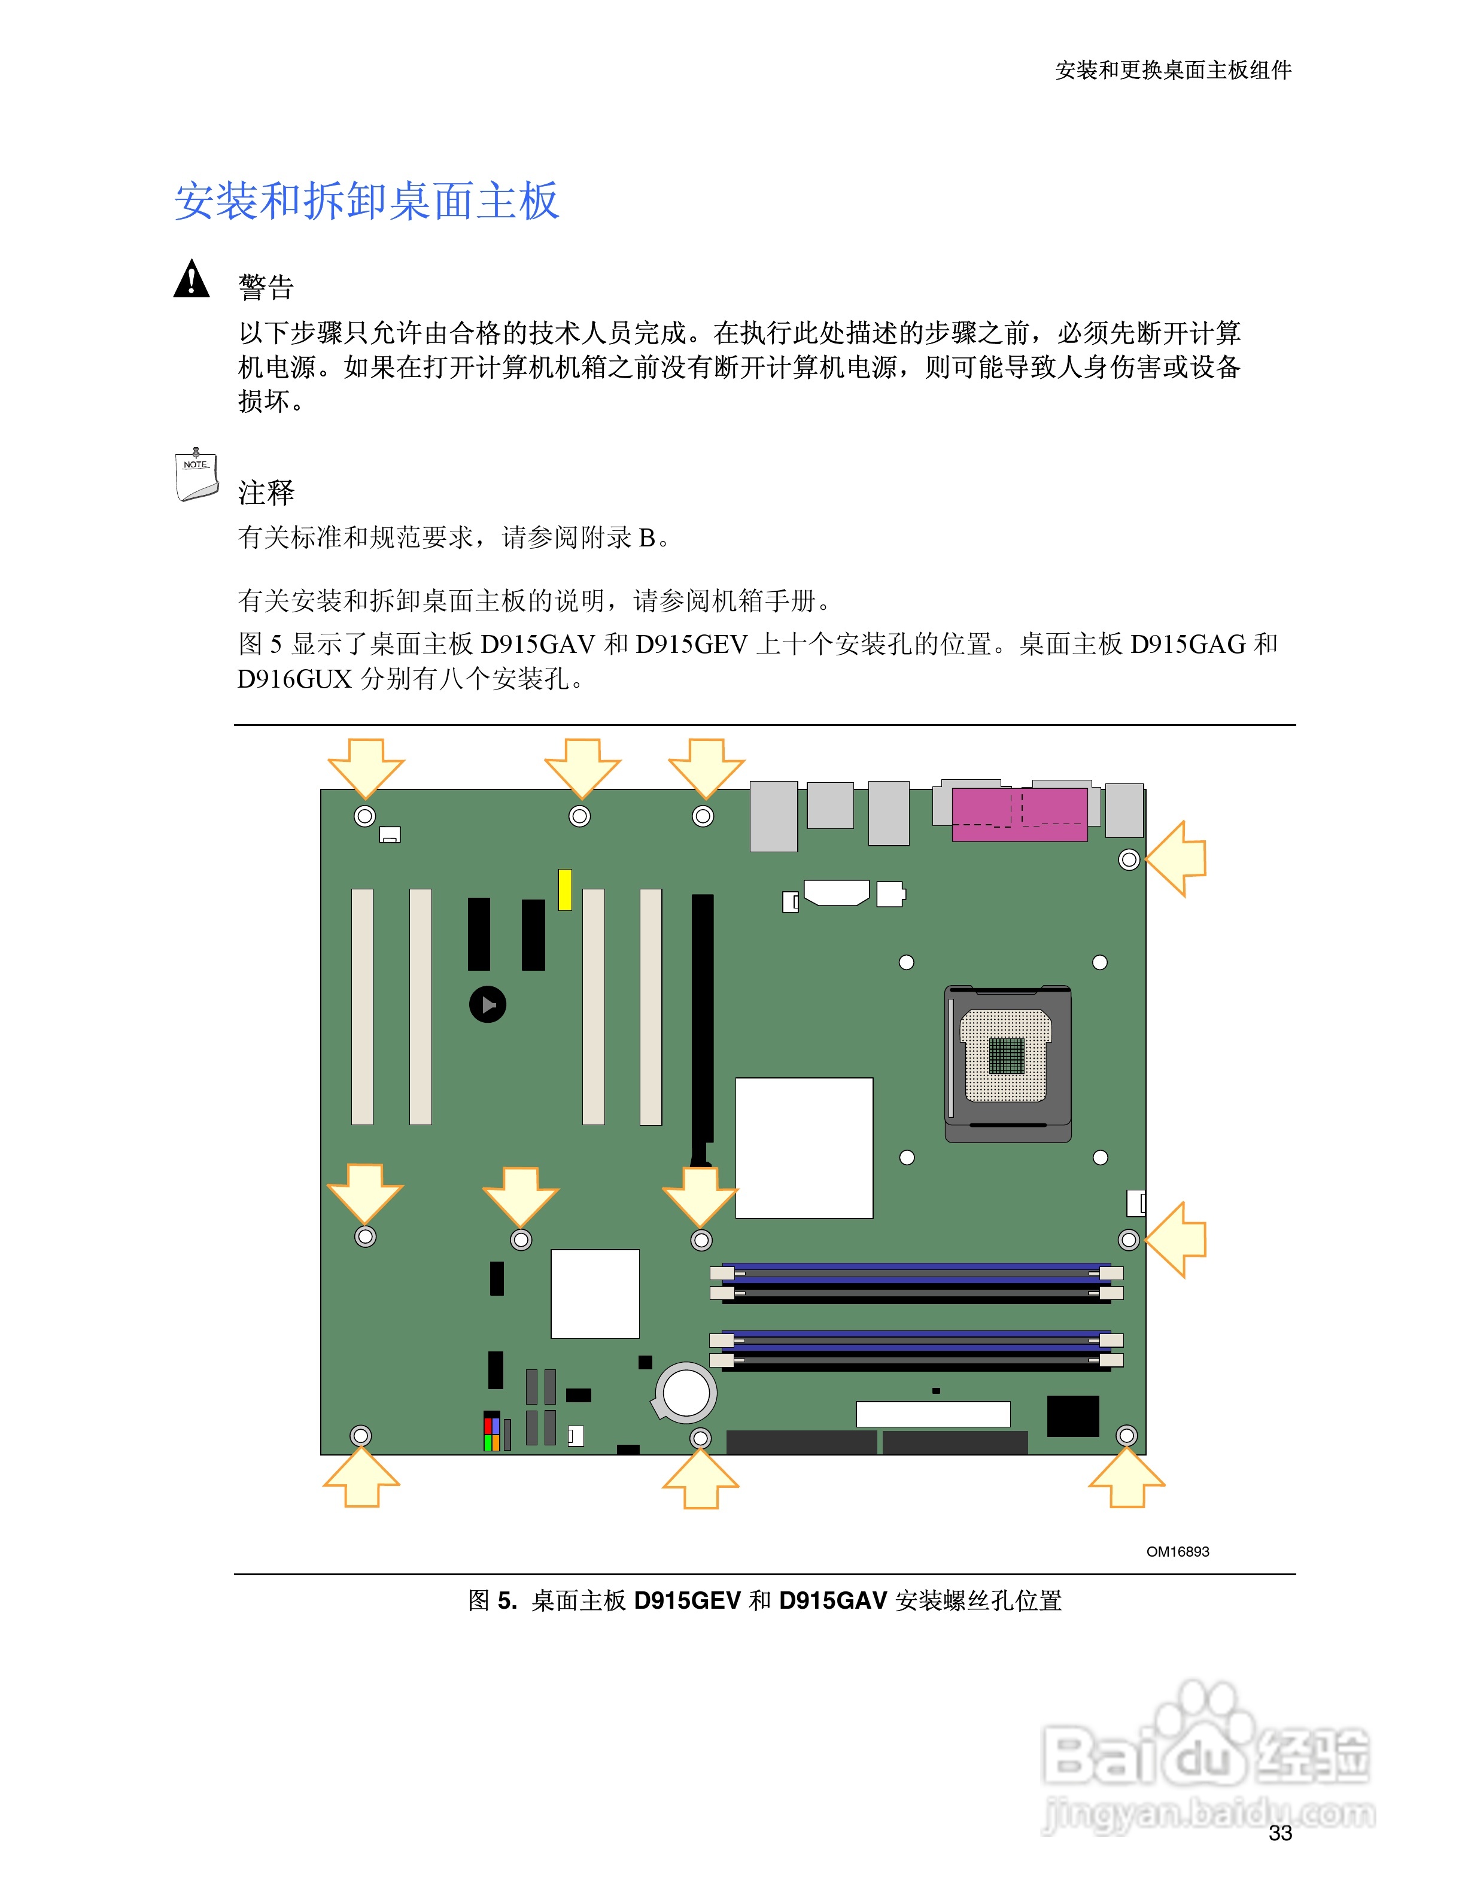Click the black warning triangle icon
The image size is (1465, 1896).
191,279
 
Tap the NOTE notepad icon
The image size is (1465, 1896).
196,476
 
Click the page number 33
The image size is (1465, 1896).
1280,1833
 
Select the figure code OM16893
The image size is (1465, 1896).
1177,1551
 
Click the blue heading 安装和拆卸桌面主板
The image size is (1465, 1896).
366,202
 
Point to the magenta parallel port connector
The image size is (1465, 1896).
1019,815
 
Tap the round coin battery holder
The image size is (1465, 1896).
686,1393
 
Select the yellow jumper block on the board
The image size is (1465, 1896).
565,889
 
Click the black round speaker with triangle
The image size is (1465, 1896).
488,1004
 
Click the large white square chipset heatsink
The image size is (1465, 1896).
804,1148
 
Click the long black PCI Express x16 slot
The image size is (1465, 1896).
702,1025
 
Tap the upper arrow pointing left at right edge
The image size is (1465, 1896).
1177,859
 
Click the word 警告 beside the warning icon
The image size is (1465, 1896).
266,287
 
